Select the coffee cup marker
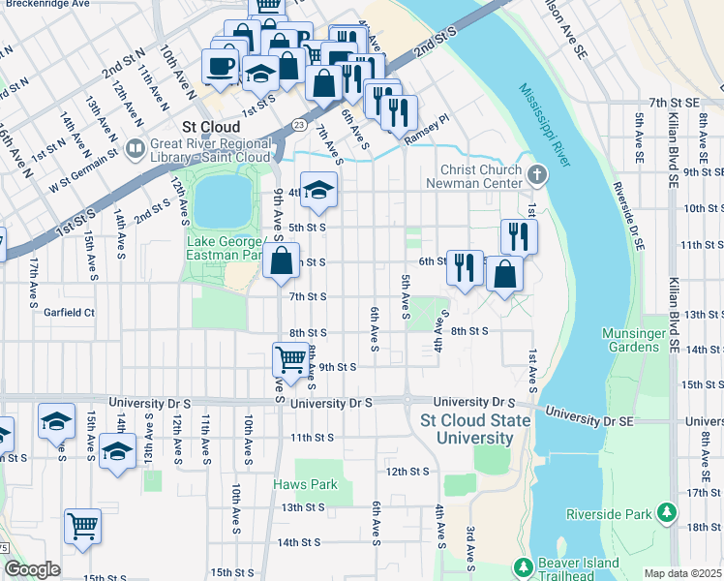[x=220, y=66]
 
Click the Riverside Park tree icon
[x=665, y=512]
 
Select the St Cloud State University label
[x=475, y=429]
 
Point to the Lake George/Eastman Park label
[x=224, y=249]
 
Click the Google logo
[x=32, y=568]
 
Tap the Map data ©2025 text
[x=683, y=573]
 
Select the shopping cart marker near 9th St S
[x=291, y=360]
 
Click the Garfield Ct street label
[x=69, y=313]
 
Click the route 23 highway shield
[x=299, y=125]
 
